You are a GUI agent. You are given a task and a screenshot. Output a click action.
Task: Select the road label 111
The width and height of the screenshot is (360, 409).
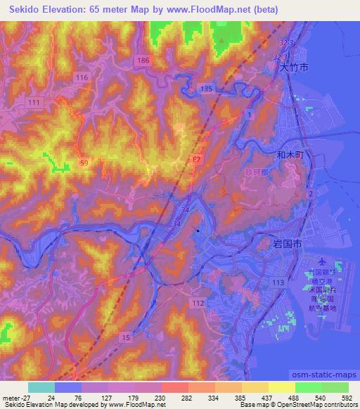(x=32, y=103)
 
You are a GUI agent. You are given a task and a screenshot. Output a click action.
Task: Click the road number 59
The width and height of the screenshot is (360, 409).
(x=84, y=162)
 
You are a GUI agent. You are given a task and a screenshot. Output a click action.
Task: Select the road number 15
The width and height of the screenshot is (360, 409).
(x=125, y=339)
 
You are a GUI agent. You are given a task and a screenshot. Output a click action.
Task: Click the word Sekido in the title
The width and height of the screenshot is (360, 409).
(x=27, y=10)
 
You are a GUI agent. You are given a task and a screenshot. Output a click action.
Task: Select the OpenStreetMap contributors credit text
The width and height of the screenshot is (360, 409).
(x=307, y=405)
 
